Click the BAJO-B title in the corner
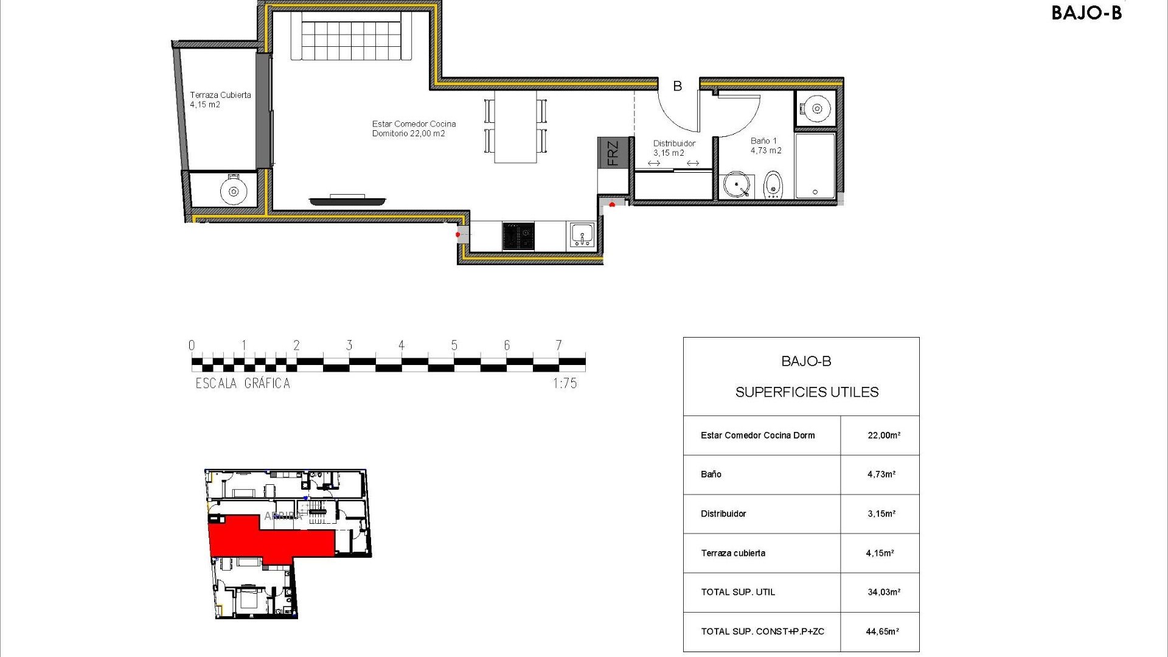click(x=1086, y=13)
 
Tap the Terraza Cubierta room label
click(x=220, y=99)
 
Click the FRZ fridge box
click(x=612, y=153)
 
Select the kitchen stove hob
click(x=518, y=236)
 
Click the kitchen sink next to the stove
click(x=582, y=235)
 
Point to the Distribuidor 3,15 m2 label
click(x=673, y=148)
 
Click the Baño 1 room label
click(x=765, y=145)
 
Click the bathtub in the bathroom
click(x=815, y=165)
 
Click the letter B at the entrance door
click(x=677, y=86)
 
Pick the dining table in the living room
click(x=515, y=127)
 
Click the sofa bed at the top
click(x=351, y=36)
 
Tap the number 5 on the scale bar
click(x=454, y=345)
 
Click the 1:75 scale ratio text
click(x=565, y=383)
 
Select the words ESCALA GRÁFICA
click(x=243, y=383)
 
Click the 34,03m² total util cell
click(x=883, y=592)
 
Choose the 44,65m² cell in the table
click(x=882, y=631)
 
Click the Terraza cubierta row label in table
click(x=732, y=553)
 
